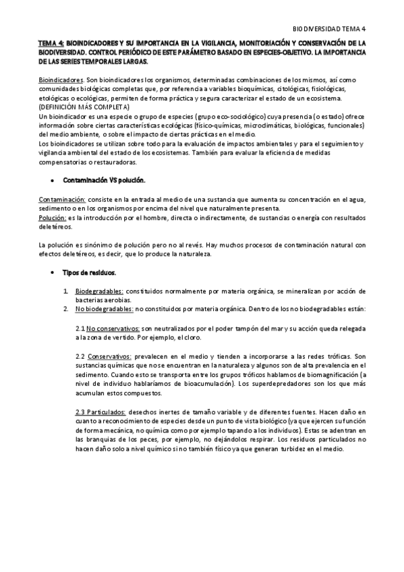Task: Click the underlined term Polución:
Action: click(51, 218)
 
